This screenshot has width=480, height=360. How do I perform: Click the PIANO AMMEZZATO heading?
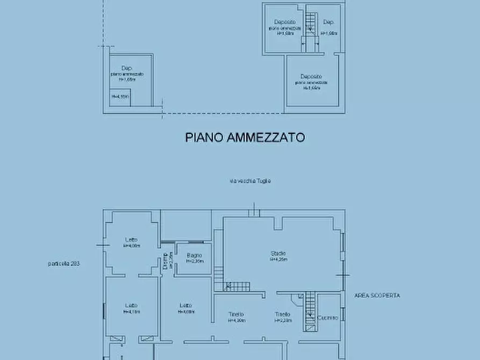pos(245,138)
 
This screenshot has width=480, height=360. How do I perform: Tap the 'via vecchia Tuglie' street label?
pos(250,181)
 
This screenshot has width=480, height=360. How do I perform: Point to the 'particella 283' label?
pos(64,264)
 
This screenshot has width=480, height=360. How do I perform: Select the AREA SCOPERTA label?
pos(377,296)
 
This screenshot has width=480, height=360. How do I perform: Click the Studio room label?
pos(278,253)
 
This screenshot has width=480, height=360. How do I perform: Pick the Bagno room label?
pos(194,255)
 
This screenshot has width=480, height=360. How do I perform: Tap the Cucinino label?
pos(328,318)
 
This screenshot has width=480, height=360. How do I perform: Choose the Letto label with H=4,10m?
pos(131,305)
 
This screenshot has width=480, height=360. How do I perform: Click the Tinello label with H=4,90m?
pos(236,314)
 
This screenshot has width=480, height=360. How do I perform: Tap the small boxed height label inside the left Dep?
pos(120,97)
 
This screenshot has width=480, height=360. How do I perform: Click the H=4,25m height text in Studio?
pos(278,260)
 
